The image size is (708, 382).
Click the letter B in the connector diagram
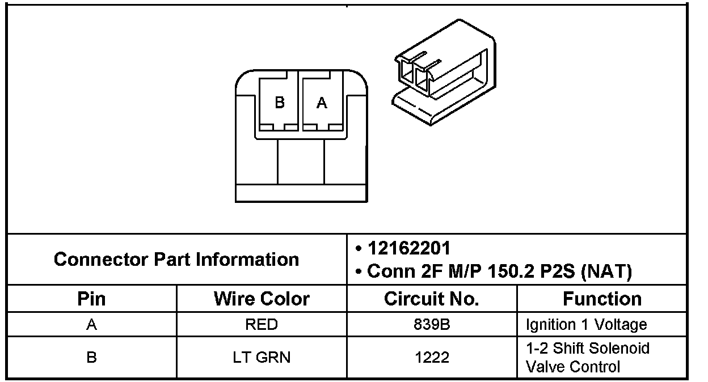pos(279,103)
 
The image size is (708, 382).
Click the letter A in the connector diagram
pos(322,103)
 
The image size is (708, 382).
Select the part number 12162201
pos(409,248)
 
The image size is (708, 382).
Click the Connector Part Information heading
pos(176,260)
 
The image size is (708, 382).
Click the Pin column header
pos(91,299)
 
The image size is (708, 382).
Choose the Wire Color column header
pos(262,299)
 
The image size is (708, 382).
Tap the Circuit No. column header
pos(432,299)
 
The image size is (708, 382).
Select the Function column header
pos(602,299)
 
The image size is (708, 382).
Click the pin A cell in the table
pos(91,325)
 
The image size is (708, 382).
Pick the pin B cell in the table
pos(91,358)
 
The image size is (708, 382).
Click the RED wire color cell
pos(262,325)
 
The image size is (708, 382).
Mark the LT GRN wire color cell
pos(262,358)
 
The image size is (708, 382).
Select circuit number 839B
pos(432,325)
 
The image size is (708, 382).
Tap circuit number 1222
pos(432,358)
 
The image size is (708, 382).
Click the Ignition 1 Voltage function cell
pos(586,325)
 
